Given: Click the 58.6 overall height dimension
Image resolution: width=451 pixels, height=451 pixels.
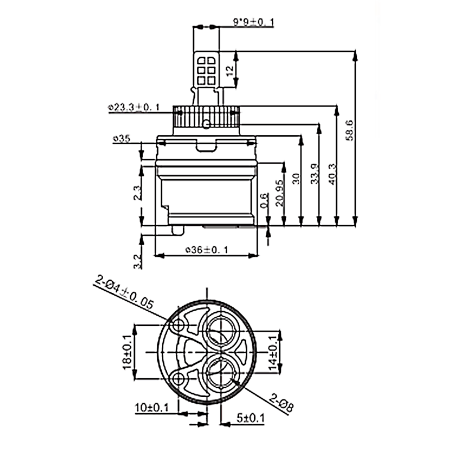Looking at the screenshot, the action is coord(350,130).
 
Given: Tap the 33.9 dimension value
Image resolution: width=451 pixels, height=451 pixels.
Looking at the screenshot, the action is coord(315,174).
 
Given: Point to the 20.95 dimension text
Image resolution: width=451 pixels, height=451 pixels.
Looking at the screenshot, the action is coord(279,193).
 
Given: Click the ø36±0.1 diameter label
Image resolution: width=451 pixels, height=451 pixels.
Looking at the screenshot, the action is coord(206,250).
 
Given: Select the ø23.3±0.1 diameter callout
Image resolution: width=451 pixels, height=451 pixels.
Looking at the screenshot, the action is coord(134,108).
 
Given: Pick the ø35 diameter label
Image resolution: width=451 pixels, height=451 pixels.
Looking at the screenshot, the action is coord(122,139).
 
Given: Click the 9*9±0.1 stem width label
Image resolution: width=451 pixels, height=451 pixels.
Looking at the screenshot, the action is coord(254,22).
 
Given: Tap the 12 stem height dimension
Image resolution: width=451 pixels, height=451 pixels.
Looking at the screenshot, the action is coord(229,71).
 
